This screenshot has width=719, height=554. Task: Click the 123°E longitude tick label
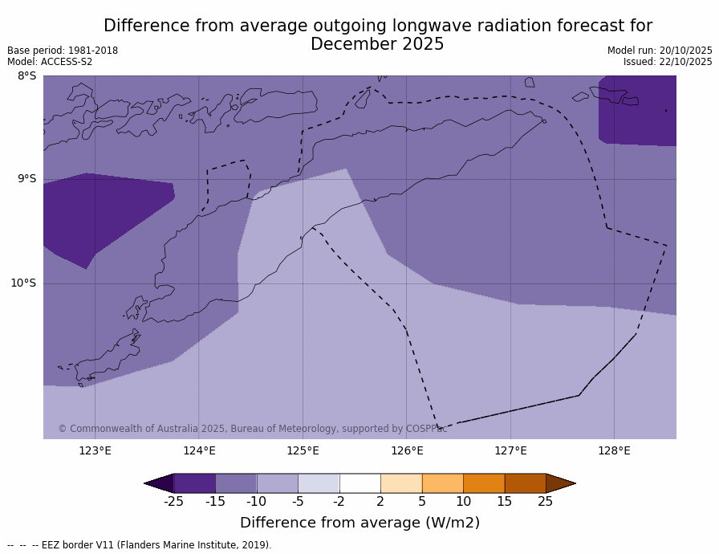tap(95, 450)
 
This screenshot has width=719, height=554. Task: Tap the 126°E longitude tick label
tap(407, 450)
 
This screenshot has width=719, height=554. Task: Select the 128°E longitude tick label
tap(614, 450)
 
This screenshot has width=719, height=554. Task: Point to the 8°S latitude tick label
tap(26, 76)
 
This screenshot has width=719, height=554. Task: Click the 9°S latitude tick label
tap(26, 179)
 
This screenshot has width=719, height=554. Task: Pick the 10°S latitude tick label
tap(23, 283)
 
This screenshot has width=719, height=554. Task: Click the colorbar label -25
tap(173, 502)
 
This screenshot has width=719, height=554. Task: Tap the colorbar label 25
tap(546, 502)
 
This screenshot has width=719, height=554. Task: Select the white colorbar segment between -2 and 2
tap(359, 483)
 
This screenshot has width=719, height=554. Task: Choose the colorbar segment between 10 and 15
tap(484, 483)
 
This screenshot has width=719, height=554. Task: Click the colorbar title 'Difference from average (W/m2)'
tap(359, 523)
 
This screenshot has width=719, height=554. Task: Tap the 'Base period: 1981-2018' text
tap(63, 51)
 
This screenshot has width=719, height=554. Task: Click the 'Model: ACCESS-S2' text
tap(50, 62)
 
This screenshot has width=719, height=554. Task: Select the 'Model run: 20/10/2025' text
tap(660, 51)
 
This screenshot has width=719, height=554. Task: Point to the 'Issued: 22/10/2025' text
tap(668, 62)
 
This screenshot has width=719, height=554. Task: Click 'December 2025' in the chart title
tap(377, 44)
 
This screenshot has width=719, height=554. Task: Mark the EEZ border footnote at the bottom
tap(140, 545)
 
